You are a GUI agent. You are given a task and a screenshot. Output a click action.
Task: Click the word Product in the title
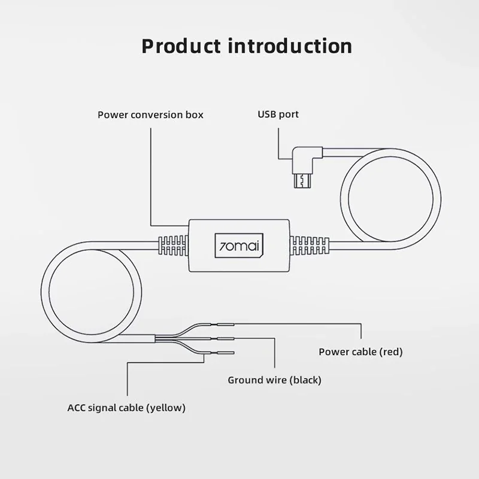click(181, 47)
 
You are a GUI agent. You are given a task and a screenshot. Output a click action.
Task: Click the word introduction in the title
click(290, 47)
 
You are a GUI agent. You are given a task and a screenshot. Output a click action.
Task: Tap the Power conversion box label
click(150, 115)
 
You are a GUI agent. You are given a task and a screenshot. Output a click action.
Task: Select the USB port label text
click(278, 114)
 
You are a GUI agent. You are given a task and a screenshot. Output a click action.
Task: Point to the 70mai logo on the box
click(239, 245)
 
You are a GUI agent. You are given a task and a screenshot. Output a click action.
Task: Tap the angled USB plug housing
click(307, 160)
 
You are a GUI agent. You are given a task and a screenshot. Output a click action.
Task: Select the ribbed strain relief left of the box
click(172, 245)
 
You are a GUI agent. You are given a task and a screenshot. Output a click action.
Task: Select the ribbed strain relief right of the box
click(310, 245)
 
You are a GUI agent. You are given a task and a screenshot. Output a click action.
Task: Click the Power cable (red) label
click(360, 352)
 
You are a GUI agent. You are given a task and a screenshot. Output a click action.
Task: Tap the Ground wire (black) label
click(274, 380)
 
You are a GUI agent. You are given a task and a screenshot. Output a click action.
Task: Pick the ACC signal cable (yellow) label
click(126, 408)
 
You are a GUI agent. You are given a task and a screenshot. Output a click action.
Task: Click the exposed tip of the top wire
click(226, 325)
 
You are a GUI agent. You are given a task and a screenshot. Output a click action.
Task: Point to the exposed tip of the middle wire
click(226, 339)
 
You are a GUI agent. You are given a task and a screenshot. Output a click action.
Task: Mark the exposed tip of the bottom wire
click(226, 353)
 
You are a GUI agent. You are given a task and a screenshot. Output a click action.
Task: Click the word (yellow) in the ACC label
click(166, 408)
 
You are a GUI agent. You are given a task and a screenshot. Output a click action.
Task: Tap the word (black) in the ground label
click(305, 380)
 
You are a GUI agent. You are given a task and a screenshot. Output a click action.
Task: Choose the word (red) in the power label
click(391, 352)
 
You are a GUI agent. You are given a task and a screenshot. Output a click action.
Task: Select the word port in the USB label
click(289, 115)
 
